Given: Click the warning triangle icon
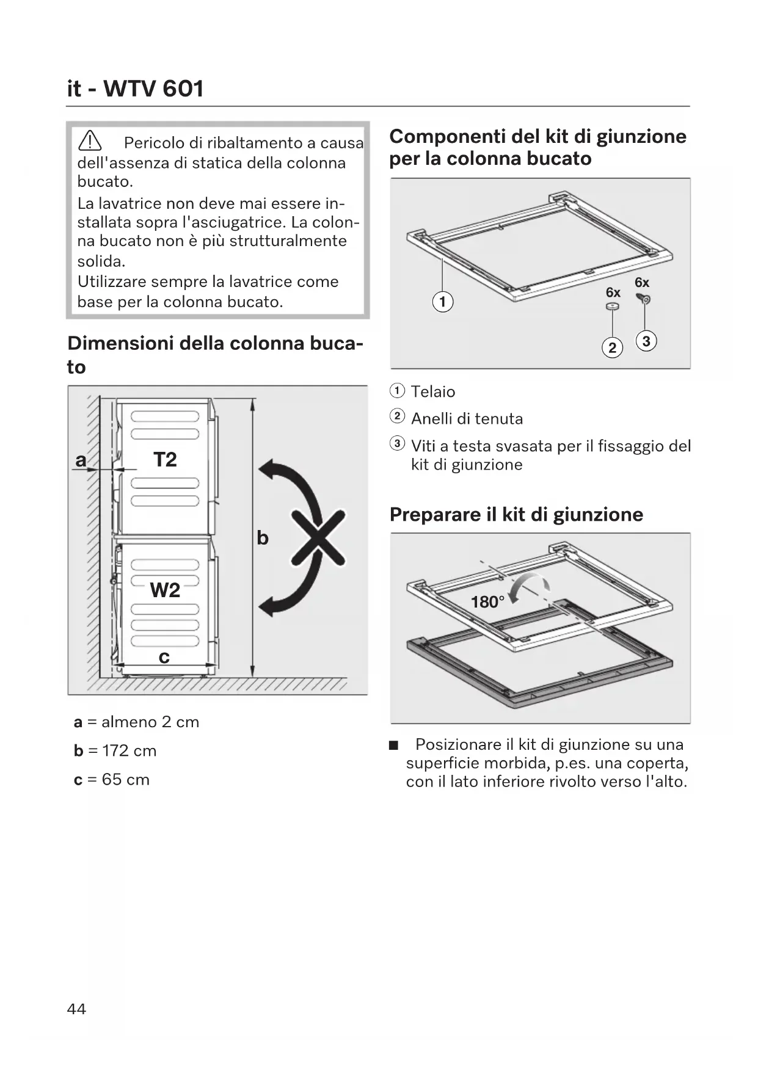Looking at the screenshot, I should click(90, 142).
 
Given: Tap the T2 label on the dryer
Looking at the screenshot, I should click(165, 459).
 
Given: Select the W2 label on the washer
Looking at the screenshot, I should click(165, 590).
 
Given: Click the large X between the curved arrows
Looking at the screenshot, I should click(318, 537).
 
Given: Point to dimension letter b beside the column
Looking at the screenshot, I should click(263, 538).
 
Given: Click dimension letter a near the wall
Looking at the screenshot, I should click(81, 460).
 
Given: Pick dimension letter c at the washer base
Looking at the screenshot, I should click(164, 657).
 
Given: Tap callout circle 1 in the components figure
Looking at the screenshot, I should click(442, 302).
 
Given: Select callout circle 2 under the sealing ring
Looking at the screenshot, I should click(612, 347).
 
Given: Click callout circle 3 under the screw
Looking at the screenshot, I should click(646, 341).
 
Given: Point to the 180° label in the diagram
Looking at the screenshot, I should click(487, 602).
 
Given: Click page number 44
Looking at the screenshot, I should click(76, 1009).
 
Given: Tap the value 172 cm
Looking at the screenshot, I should click(129, 750).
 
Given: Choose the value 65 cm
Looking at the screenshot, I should click(126, 779).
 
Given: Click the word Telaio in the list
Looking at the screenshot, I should click(433, 391).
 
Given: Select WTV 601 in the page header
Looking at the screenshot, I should click(153, 89).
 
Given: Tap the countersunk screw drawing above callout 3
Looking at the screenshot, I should click(644, 299).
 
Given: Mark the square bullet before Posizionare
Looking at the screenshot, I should click(394, 745).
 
